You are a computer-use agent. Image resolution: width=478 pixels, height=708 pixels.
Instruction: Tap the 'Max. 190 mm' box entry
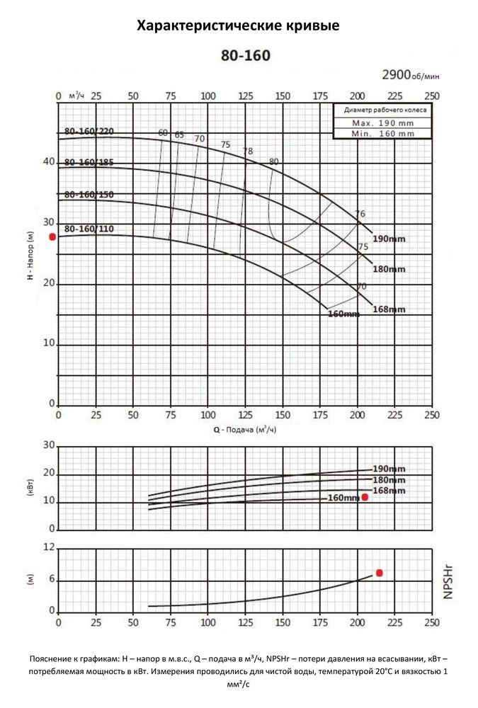click(x=383, y=122)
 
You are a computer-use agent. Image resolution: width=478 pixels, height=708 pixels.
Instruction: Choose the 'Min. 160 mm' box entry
click(x=383, y=132)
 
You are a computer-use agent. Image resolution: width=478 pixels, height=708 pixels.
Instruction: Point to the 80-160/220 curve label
click(x=89, y=131)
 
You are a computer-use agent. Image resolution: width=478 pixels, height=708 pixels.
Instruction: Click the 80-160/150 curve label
click(x=89, y=194)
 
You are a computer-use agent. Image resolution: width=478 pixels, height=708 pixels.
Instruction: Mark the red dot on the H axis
click(x=52, y=236)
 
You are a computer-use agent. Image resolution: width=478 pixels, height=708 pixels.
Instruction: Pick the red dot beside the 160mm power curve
click(x=365, y=497)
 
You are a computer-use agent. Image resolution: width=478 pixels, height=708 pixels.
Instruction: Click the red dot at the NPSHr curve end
click(x=380, y=573)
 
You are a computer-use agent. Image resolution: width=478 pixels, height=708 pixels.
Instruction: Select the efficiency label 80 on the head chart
click(x=274, y=162)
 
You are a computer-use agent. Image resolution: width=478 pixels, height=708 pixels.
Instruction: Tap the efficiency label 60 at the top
click(x=164, y=132)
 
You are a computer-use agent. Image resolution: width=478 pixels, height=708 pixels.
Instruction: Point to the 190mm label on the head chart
click(x=389, y=239)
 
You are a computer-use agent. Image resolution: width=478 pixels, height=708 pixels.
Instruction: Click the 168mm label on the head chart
click(x=389, y=309)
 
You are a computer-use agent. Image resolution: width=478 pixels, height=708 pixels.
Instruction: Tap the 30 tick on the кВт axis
click(x=49, y=445)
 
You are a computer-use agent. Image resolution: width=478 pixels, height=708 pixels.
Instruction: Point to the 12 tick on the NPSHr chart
click(x=49, y=547)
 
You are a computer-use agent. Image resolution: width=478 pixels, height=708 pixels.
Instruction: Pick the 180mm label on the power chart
click(x=389, y=480)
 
